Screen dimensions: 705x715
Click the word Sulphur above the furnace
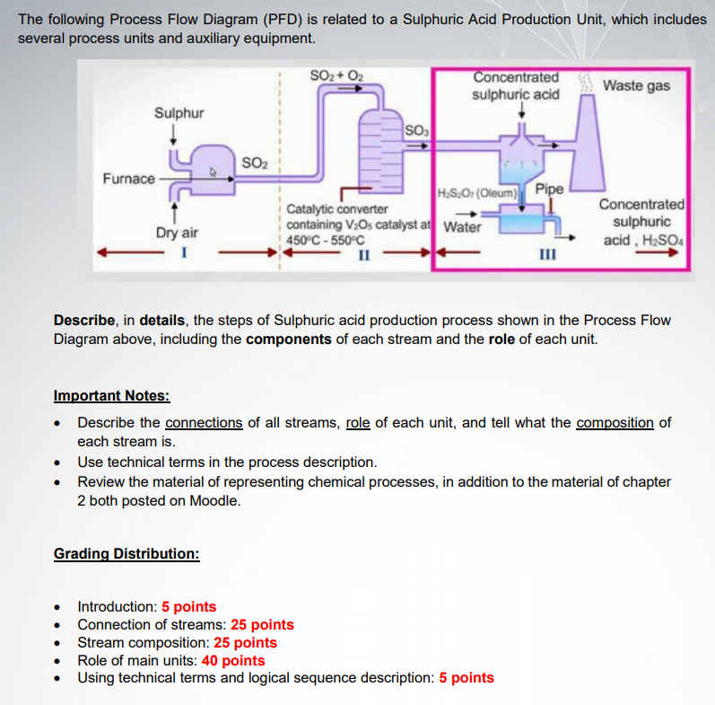[179, 113]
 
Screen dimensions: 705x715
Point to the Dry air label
[177, 233]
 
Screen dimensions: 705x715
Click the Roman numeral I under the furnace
[183, 251]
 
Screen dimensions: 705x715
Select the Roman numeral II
[364, 253]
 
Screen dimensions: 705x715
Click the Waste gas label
[636, 85]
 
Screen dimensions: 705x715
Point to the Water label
[462, 226]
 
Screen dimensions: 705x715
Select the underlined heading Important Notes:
[111, 396]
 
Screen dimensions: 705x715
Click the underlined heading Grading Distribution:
[126, 553]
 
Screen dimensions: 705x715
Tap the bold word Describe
[83, 321]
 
